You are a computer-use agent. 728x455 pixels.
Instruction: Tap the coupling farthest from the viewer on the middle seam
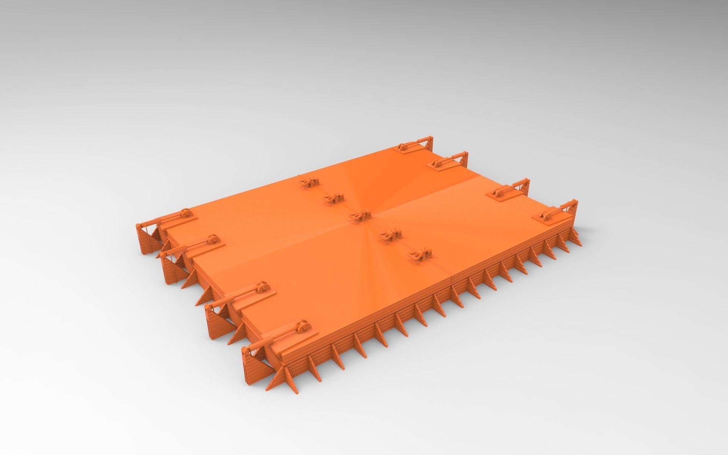[x=309, y=182]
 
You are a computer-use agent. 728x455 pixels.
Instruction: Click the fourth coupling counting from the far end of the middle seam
[x=390, y=235]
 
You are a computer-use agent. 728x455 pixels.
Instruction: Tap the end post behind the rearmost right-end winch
[x=430, y=142]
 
